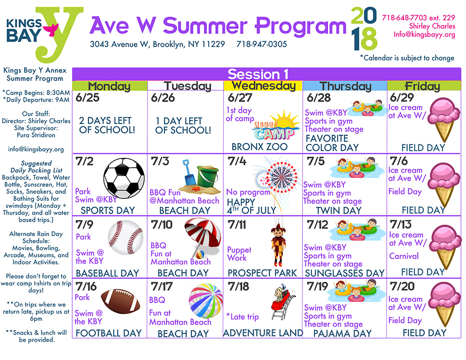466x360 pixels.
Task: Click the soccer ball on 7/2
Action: [x=124, y=178]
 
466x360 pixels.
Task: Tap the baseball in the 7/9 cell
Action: [x=125, y=237]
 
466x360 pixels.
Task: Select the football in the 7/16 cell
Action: [x=120, y=301]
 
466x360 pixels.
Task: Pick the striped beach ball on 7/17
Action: [x=206, y=301]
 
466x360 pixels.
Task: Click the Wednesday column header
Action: [x=263, y=86]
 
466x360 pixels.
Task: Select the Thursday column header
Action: [x=345, y=86]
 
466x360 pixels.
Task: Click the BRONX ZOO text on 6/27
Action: [x=260, y=147]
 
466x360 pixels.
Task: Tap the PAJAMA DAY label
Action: [x=343, y=333]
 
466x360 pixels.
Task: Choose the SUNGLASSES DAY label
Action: [x=345, y=273]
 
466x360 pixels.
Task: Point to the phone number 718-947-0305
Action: [x=261, y=44]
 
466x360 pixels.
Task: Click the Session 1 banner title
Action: [x=258, y=74]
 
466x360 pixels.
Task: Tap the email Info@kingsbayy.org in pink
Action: [x=424, y=34]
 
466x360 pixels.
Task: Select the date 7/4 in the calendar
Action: [x=237, y=161]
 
